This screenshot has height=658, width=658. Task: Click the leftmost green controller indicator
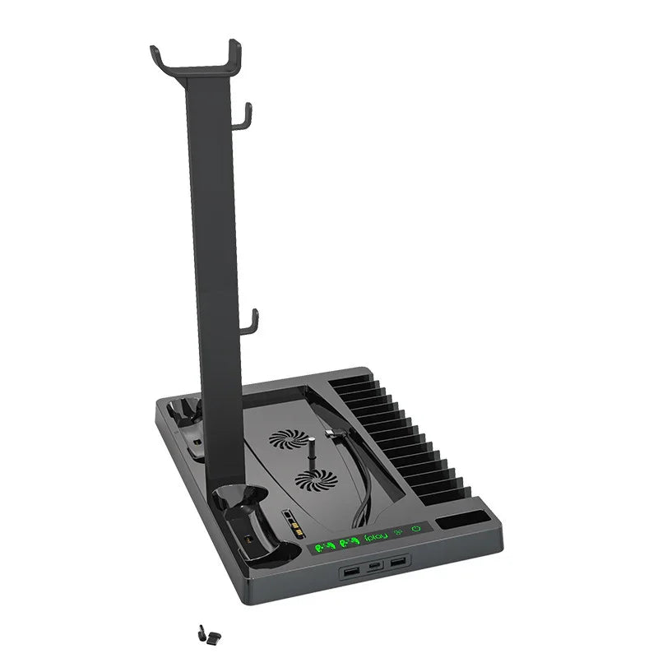[323, 545]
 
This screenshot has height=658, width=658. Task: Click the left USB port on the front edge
[353, 570]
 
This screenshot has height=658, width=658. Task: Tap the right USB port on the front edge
[398, 561]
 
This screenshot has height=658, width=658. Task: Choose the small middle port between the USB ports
[376, 566]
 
